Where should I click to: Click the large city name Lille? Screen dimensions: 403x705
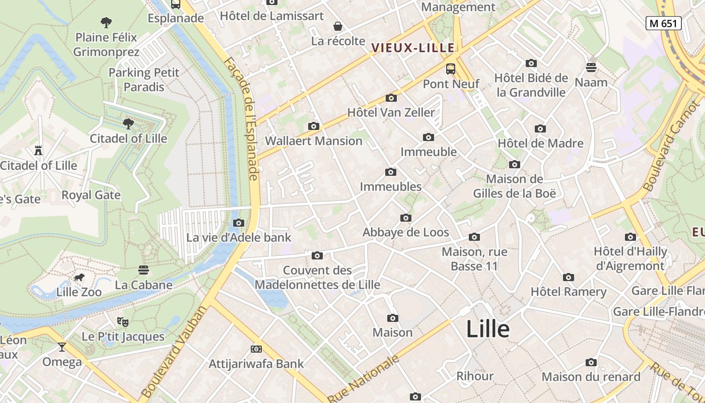(487, 329)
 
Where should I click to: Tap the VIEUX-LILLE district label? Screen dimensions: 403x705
(413, 48)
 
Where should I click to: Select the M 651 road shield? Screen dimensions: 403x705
(664, 23)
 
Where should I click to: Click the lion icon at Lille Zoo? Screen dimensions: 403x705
(79, 278)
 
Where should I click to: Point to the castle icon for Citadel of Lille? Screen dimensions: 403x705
(38, 150)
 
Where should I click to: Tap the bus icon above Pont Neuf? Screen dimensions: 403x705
(451, 69)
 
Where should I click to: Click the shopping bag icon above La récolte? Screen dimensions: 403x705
(337, 26)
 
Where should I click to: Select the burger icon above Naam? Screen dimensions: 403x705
(591, 67)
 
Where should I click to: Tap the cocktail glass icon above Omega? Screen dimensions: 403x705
(62, 347)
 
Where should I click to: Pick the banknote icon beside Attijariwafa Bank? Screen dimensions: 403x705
(256, 349)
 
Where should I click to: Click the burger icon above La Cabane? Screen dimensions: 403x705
(144, 270)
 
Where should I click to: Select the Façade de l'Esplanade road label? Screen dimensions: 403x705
(242, 118)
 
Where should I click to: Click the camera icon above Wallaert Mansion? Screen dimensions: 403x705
(313, 126)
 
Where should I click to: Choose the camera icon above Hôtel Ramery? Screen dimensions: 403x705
(569, 277)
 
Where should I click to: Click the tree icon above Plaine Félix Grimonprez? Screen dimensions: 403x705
(106, 22)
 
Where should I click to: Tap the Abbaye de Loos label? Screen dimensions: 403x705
(406, 232)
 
